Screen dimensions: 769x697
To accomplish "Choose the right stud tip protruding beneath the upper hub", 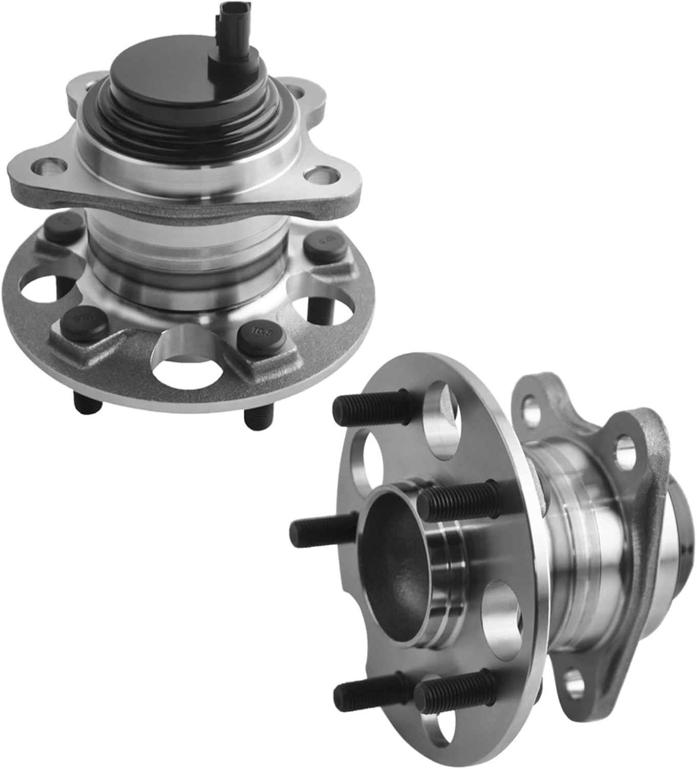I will pyautogui.click(x=255, y=418).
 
